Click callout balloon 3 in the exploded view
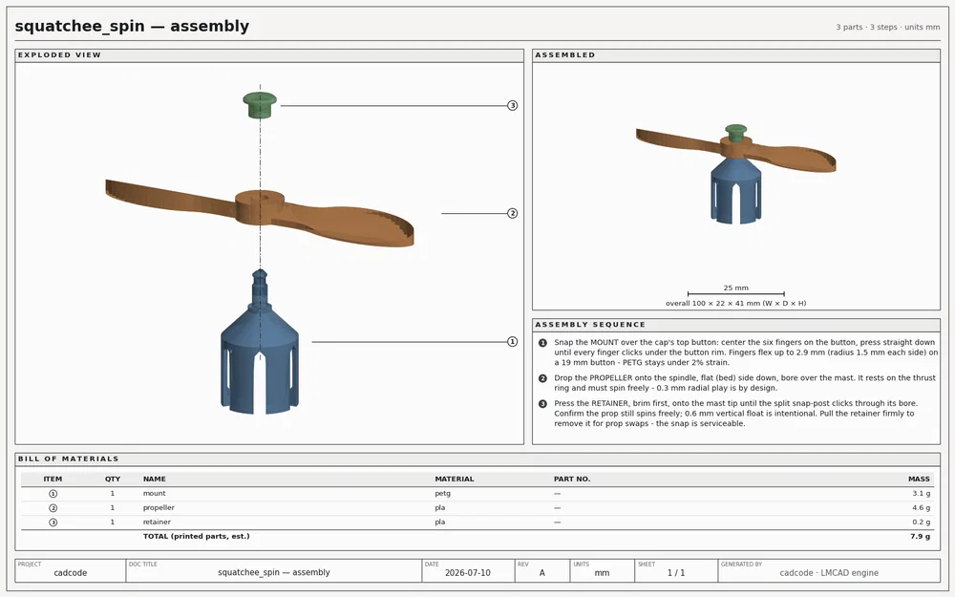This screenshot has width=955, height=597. (x=512, y=105)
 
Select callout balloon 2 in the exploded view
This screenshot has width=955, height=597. (x=512, y=213)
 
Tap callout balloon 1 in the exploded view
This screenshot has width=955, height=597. (x=512, y=342)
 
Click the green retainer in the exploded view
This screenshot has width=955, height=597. (x=260, y=105)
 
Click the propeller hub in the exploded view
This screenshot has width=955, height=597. (x=260, y=207)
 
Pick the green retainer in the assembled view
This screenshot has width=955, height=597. (x=735, y=133)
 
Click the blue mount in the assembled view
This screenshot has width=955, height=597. (x=735, y=189)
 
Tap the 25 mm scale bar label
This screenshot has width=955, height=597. (x=735, y=288)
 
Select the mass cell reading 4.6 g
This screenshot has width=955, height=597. (x=921, y=507)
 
